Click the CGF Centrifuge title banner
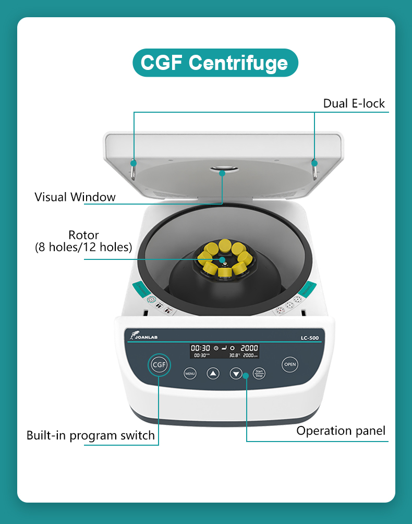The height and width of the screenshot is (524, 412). click(214, 63)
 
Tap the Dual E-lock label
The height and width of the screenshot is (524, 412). click(354, 103)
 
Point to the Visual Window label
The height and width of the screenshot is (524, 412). click(75, 197)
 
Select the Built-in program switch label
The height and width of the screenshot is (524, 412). click(91, 435)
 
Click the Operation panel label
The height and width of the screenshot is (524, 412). click(341, 431)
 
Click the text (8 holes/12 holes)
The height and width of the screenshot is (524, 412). click(83, 247)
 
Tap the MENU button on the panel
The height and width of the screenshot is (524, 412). click(190, 373)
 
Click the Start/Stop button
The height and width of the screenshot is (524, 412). click(259, 373)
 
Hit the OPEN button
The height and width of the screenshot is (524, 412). click(290, 364)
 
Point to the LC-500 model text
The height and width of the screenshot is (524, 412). click(309, 338)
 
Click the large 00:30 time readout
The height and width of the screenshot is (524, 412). click(200, 348)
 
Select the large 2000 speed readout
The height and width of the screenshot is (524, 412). click(249, 348)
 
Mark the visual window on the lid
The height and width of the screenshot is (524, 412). click(223, 169)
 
